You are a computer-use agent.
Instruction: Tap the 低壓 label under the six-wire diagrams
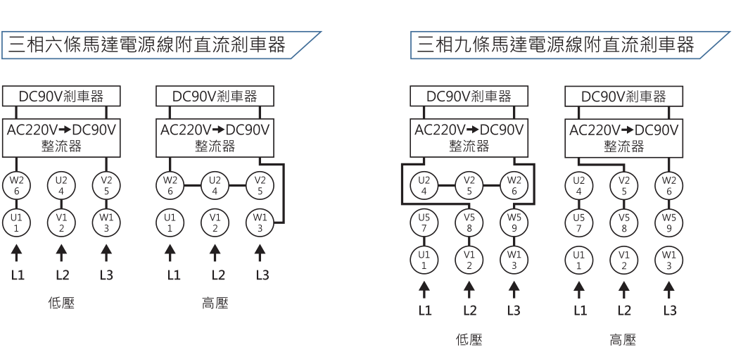tap(61, 303)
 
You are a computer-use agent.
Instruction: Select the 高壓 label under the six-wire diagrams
tap(215, 303)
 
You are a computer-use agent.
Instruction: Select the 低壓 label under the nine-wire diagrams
tap(469, 340)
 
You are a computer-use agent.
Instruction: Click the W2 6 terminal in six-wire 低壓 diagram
tap(16, 185)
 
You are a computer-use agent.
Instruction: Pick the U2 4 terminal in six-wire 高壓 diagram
tap(215, 185)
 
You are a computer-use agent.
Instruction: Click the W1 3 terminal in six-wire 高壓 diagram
tap(260, 222)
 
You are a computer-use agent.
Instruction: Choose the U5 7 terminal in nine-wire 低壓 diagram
tap(424, 222)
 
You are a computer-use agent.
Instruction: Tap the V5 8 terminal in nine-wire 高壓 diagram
tap(623, 222)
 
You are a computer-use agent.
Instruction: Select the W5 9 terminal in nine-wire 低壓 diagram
tap(514, 222)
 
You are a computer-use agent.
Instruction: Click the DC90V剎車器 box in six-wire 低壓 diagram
tap(61, 96)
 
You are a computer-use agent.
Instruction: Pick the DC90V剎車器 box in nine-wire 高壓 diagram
tap(623, 96)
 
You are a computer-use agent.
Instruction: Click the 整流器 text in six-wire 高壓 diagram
tap(215, 146)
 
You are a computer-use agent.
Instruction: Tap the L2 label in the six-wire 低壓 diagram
tap(61, 274)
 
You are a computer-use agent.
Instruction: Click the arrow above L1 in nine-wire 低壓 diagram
tap(424, 288)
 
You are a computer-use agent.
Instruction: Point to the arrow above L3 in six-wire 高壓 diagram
tap(260, 251)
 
